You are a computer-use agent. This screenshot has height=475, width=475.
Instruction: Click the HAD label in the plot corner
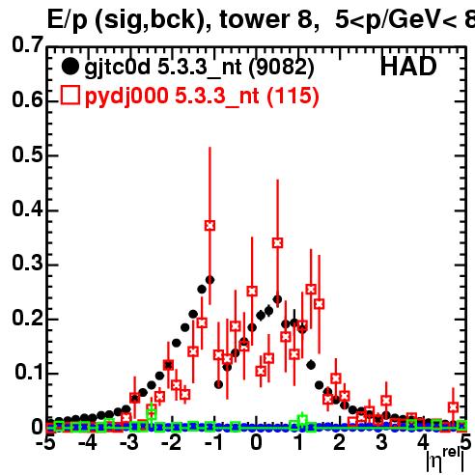click(x=408, y=67)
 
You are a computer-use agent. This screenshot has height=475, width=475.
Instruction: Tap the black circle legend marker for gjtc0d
click(x=70, y=67)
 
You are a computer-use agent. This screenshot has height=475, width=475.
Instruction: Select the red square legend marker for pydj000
click(x=70, y=96)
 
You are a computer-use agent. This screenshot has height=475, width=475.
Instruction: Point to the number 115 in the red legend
click(x=293, y=96)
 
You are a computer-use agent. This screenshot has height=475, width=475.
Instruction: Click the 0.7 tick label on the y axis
click(x=27, y=44)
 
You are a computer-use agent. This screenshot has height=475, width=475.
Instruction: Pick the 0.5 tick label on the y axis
click(x=27, y=154)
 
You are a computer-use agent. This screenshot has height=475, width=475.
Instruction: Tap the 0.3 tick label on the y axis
click(x=27, y=264)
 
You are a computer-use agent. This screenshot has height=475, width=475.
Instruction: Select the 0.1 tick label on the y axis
click(x=29, y=372)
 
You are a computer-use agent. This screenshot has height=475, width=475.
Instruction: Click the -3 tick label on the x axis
click(x=129, y=442)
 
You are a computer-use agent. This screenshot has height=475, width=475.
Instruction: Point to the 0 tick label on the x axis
click(x=256, y=442)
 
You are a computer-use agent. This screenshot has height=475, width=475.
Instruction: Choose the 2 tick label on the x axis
click(x=339, y=442)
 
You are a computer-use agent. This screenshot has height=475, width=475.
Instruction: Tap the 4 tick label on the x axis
click(x=423, y=442)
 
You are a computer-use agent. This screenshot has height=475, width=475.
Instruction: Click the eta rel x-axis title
click(x=445, y=460)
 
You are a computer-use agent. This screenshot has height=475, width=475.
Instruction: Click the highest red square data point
click(x=210, y=226)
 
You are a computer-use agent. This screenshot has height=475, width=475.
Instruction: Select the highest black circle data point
click(x=210, y=280)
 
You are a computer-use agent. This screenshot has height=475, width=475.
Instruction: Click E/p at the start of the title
click(x=68, y=20)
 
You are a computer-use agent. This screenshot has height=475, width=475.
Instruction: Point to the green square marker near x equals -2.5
click(x=152, y=413)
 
